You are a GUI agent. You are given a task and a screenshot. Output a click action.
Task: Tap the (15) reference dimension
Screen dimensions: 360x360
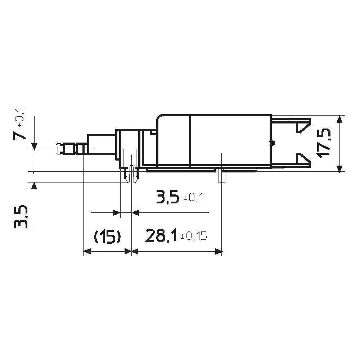click(107, 237)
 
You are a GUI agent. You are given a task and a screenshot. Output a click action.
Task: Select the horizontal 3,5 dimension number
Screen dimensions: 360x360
click(167, 198)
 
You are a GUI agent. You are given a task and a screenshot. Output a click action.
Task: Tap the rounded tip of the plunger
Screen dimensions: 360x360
click(58, 149)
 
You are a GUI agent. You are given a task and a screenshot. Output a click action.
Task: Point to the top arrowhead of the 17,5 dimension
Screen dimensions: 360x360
click(339, 119)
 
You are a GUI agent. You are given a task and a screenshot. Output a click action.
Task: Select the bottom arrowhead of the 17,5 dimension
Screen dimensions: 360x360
click(339, 168)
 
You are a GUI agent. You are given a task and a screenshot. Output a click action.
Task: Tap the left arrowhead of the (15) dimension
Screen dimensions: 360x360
click(87, 252)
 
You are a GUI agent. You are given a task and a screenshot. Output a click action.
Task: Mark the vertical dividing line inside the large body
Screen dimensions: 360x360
click(190, 140)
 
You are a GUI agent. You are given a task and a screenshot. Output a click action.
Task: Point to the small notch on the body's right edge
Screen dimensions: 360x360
click(273, 143)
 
